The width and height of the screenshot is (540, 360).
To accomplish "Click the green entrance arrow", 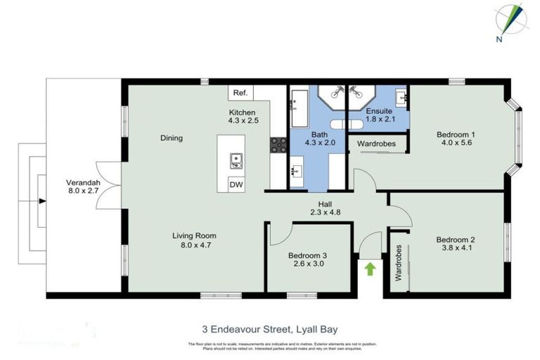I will coord(370,269).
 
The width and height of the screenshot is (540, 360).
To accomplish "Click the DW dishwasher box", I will coord(237,184).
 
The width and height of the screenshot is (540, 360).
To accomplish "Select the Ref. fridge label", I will coord(240,93).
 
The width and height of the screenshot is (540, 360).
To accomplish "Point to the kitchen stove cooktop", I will coord(278,145).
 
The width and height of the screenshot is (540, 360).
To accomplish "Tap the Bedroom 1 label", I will coord(456,134).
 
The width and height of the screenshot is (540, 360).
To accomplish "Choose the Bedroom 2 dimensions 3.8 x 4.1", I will coord(456,247).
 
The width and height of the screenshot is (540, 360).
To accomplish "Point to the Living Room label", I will coord(195,236).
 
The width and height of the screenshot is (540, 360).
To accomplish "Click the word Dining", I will coord(171,138).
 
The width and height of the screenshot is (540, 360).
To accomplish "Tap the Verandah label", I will coord(83,183).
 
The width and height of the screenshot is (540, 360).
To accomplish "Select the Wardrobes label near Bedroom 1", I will coord(376,144).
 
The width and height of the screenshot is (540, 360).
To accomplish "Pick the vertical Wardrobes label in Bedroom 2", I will coord(398,263).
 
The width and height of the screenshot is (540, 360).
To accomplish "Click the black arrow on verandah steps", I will coord(42,201).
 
